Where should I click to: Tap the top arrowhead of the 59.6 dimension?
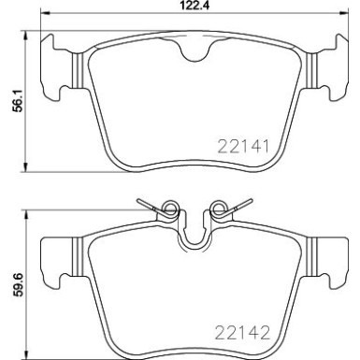(25, 210)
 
